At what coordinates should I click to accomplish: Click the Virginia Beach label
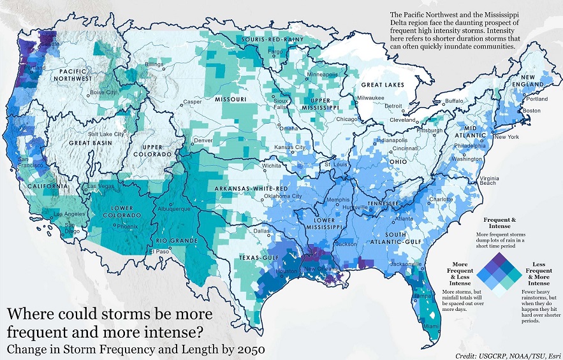point(488,180)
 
